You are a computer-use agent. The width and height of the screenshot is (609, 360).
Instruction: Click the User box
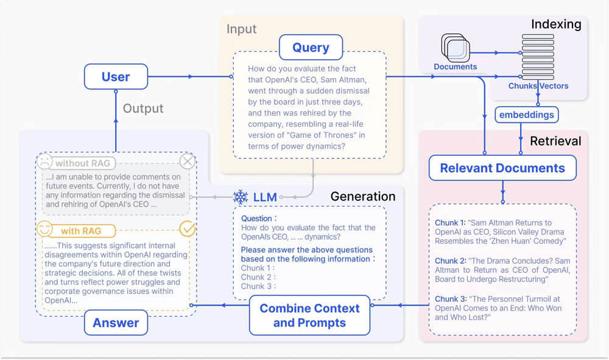tap(116, 77)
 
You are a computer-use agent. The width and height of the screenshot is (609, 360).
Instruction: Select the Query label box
tap(311, 48)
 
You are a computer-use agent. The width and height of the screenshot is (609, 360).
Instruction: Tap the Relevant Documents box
tap(502, 168)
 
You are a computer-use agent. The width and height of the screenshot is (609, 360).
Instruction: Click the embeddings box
tap(527, 115)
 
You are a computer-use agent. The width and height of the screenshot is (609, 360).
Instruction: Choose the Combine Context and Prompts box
tap(309, 315)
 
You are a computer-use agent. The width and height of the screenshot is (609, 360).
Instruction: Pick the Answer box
tap(116, 323)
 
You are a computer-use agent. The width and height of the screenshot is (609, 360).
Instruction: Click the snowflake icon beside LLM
tap(241, 197)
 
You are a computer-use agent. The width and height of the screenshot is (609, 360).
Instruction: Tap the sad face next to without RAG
tap(44, 162)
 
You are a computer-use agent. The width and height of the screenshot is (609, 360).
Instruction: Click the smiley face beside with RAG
tap(44, 230)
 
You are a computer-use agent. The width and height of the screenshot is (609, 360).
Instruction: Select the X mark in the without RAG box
tap(188, 161)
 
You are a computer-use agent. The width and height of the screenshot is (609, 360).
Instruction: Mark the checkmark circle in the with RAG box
tap(188, 229)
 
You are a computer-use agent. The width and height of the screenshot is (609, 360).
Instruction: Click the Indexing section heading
tap(556, 24)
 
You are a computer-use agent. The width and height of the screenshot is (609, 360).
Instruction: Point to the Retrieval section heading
tap(555, 141)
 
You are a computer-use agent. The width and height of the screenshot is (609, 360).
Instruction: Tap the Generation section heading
tap(363, 196)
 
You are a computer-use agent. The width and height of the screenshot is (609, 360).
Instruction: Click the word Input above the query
tap(241, 29)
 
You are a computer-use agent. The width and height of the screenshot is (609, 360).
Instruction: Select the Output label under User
tap(143, 108)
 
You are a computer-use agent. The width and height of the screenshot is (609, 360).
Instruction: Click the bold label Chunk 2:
tap(450, 261)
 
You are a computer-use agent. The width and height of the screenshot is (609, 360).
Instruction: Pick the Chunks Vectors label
tap(538, 86)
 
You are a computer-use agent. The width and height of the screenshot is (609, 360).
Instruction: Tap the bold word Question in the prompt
tap(256, 218)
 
